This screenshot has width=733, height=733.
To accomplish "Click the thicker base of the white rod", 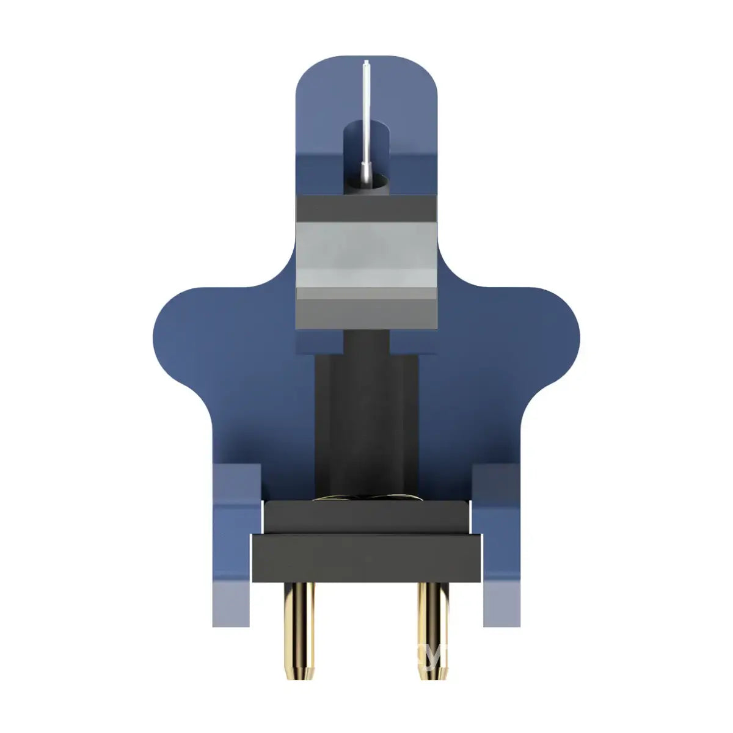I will [365, 172].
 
